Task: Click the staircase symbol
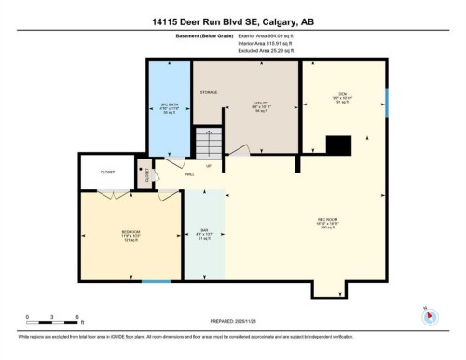coord(210,146)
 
